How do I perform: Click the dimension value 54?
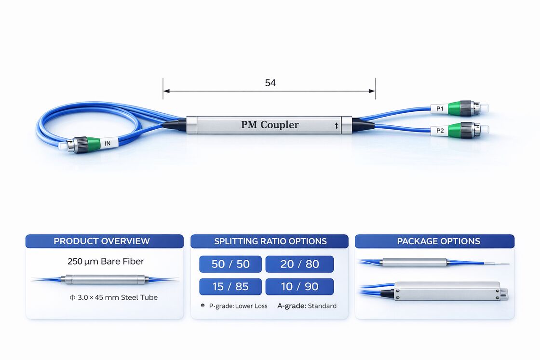(270, 83)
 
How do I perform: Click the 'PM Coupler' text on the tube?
(270, 125)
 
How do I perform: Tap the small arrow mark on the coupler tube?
(336, 126)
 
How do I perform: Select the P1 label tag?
(439, 109)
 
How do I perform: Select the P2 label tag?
(440, 130)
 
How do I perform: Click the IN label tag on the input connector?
(107, 143)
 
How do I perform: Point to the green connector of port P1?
(455, 108)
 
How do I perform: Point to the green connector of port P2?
(455, 130)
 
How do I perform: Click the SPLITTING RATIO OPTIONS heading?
(270, 241)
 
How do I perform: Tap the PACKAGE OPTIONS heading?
(438, 241)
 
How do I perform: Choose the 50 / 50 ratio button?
(230, 264)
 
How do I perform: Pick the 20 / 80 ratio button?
(299, 264)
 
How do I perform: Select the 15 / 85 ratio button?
(230, 286)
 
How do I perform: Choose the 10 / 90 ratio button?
(299, 286)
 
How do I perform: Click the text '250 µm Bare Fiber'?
(106, 262)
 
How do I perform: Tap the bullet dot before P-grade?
(203, 306)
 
